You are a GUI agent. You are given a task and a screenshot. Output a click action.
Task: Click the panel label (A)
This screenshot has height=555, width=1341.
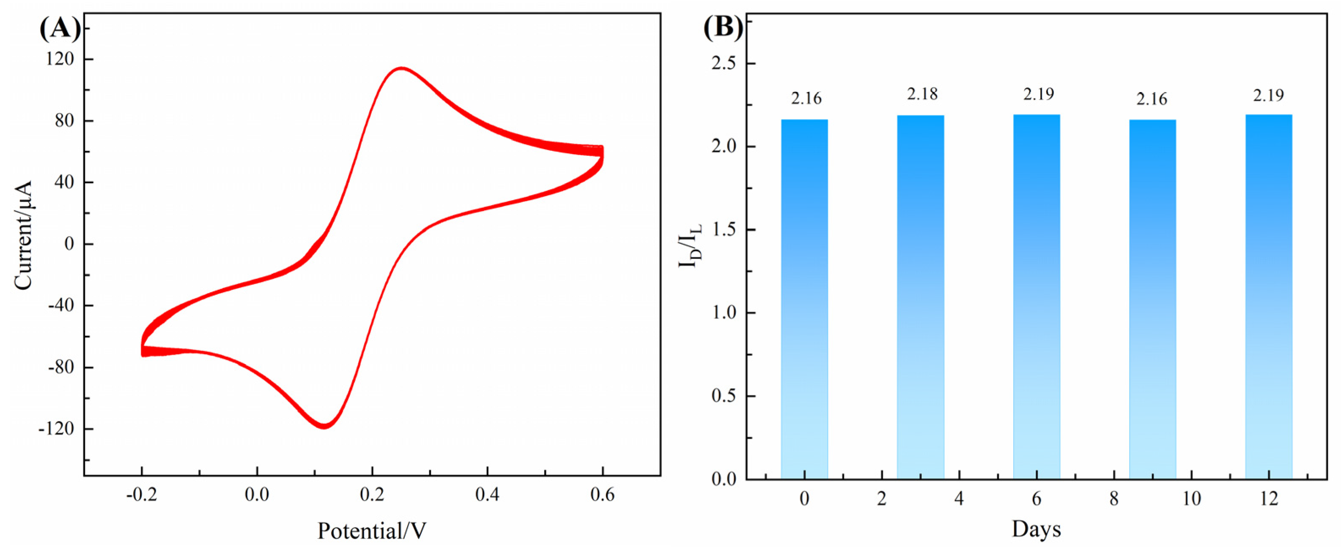60,29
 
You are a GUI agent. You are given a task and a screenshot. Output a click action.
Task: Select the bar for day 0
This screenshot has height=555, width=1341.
804,299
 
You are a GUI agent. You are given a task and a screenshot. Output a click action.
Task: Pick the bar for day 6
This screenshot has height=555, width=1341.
1037,297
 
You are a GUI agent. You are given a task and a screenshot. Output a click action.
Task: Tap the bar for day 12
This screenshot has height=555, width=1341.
1269,297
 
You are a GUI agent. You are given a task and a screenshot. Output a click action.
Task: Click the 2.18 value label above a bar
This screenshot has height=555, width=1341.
922,94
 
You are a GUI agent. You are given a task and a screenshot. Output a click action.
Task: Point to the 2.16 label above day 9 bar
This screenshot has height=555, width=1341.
1152,99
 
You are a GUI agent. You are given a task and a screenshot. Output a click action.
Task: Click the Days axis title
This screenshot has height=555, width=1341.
1036,529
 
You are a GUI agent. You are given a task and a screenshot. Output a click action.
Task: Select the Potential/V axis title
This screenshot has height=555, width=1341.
372,531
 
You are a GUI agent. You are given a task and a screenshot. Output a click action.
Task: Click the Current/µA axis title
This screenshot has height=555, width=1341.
23,235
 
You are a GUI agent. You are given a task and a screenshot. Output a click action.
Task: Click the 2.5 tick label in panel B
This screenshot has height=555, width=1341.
724,64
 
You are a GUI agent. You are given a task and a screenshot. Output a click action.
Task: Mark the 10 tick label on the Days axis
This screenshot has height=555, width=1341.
1191,499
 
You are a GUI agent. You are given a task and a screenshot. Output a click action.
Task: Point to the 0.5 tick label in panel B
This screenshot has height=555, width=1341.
724,396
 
